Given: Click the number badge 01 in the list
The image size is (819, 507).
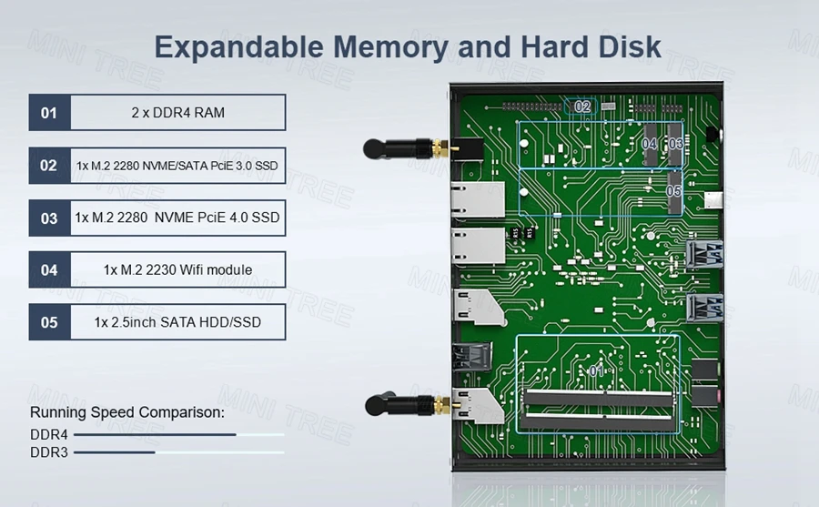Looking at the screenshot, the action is point(49,113).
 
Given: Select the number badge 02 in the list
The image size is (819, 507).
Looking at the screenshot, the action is point(49,166).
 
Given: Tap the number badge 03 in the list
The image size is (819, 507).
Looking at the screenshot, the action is point(49,218).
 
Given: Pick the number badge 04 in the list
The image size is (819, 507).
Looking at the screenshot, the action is point(49,270).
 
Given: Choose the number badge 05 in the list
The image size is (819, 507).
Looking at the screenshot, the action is point(49,322).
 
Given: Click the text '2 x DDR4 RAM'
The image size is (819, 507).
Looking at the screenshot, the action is point(177,113).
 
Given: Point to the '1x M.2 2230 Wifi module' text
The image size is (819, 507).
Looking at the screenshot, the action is point(177,270).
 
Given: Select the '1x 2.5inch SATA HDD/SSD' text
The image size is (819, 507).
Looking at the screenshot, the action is point(177,322).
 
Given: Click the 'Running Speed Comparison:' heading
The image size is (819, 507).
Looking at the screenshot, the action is point(126,412).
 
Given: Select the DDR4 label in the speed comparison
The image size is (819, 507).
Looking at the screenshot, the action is point(49,434).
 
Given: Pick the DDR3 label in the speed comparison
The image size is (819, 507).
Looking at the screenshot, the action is point(49,451).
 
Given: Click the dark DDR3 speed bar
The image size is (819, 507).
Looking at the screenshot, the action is point(115,452).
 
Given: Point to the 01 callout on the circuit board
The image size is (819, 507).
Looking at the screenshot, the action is point(596,371).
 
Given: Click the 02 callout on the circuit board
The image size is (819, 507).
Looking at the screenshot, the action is point(583,106).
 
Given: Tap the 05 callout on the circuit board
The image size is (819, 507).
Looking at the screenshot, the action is point(673,192).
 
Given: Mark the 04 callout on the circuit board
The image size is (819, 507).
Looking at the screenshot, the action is point(649,144).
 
